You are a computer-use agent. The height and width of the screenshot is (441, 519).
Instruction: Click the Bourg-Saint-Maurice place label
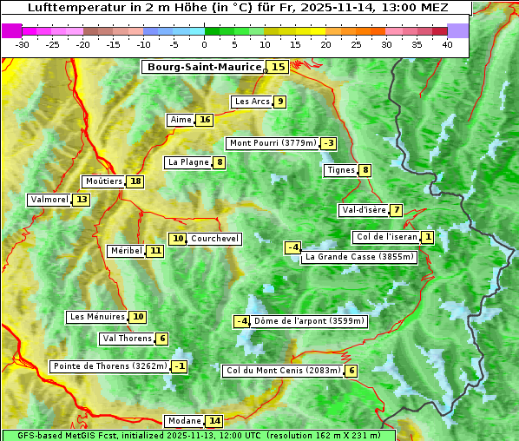(x=204, y=67)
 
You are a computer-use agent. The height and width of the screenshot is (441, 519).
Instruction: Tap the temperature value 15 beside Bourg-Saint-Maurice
(x=278, y=67)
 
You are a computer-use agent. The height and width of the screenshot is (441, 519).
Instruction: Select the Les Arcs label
(x=253, y=102)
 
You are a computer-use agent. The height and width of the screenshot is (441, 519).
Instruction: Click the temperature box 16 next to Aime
(x=204, y=120)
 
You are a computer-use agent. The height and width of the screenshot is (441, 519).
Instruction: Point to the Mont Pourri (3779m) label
(x=272, y=143)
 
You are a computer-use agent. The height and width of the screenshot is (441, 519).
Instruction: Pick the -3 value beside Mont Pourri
(x=328, y=143)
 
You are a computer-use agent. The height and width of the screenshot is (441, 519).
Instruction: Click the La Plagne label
(x=188, y=162)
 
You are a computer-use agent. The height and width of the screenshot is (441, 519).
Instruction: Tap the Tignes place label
(x=340, y=170)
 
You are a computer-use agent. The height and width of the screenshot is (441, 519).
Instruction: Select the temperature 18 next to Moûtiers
(x=135, y=181)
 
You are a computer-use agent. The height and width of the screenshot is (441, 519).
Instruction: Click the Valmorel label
(x=49, y=200)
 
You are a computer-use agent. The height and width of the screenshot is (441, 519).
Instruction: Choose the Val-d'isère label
(x=363, y=210)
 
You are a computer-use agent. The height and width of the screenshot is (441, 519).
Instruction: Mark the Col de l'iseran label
(x=386, y=237)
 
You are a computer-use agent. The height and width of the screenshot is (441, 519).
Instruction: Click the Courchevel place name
(x=214, y=239)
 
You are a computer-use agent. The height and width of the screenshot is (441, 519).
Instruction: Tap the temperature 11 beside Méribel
(x=154, y=251)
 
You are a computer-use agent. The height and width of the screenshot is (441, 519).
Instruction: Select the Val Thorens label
(x=127, y=339)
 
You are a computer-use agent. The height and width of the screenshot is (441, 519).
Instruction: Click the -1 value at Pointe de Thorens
(x=179, y=366)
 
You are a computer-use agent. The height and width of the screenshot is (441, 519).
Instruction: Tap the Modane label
(x=184, y=421)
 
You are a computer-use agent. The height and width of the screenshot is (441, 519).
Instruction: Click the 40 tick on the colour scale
(x=447, y=44)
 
